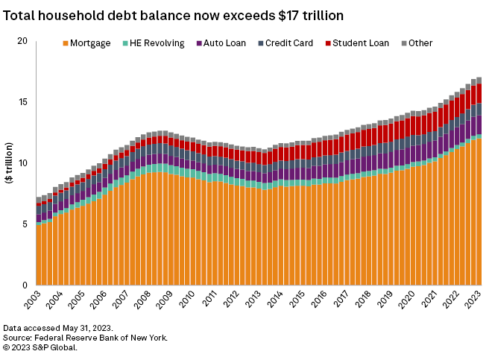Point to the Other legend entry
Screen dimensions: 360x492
pyautogui.click(x=417, y=43)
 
